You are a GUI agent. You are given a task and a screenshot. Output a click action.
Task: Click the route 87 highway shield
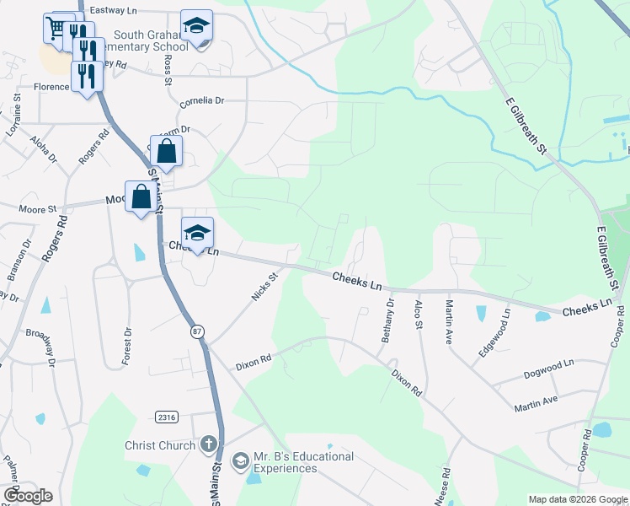click(197, 332)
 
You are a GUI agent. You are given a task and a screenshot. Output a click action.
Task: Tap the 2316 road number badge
click(166, 417)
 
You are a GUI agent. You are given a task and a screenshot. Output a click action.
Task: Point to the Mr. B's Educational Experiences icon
click(240, 460)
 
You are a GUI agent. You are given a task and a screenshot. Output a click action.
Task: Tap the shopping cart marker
click(56, 28)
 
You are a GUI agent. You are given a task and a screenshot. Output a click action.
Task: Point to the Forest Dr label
click(127, 346)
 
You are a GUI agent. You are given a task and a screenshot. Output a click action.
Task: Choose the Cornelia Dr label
click(202, 100)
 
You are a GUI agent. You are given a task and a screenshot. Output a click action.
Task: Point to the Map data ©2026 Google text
click(578, 499)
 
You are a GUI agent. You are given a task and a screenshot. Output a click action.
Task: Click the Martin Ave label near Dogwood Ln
click(537, 404)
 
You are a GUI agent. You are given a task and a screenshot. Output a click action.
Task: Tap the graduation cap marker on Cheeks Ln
click(197, 234)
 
